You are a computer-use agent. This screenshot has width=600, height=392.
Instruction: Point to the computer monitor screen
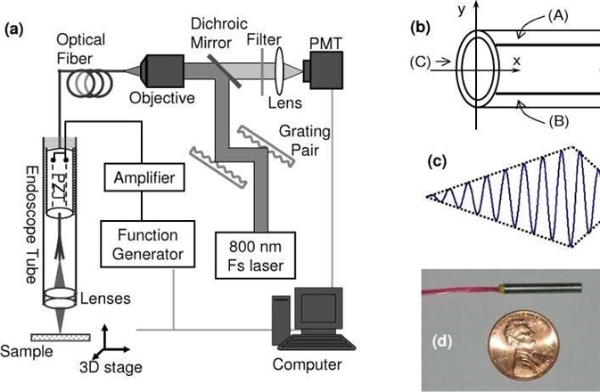click(x=318, y=309)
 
